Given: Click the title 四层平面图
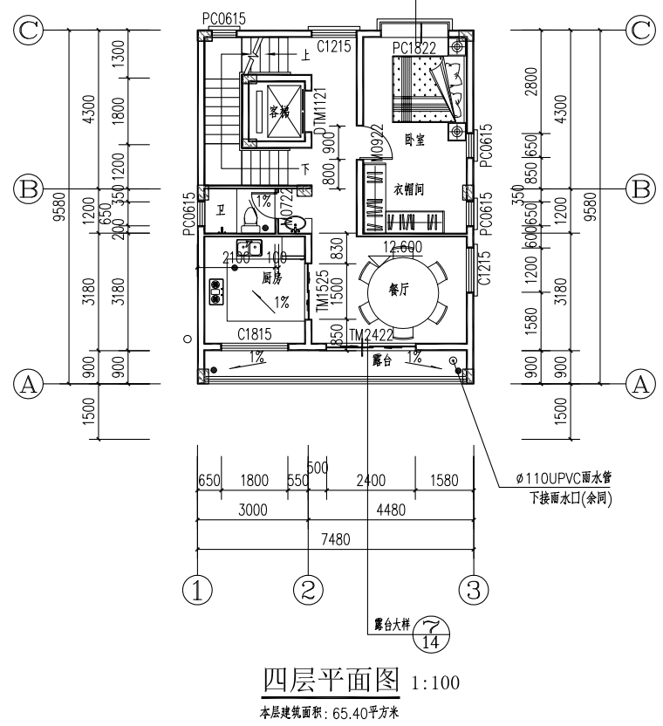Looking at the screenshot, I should (331, 679).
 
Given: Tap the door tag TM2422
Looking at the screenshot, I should (370, 335).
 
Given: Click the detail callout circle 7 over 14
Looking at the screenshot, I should (430, 633).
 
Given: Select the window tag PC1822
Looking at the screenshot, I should (414, 46).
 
